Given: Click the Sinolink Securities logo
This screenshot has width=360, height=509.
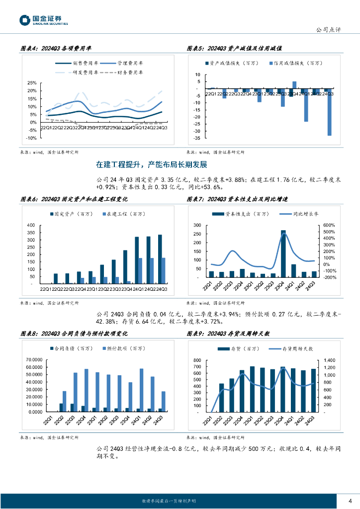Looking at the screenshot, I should click(x=44, y=20).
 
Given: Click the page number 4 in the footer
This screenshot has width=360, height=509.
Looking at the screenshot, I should click(x=350, y=500).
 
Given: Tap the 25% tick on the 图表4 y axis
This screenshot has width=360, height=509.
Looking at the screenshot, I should click(x=31, y=83).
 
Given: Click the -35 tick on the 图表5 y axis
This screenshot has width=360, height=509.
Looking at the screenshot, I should click(x=197, y=138).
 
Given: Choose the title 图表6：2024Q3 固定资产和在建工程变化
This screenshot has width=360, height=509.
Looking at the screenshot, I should click(x=74, y=199).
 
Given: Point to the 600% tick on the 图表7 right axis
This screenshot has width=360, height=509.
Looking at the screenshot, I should click(x=330, y=225).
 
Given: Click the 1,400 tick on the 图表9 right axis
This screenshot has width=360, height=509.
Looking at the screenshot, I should click(x=330, y=360).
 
